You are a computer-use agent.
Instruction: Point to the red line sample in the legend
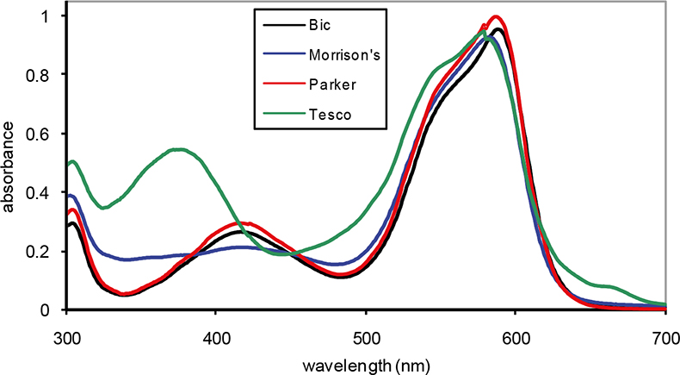[277, 85]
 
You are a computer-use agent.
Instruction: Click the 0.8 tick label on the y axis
[44, 74]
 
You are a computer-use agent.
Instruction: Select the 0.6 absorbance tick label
[44, 134]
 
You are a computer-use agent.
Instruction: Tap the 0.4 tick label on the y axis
[44, 192]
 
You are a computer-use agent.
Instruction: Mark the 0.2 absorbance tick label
[44, 251]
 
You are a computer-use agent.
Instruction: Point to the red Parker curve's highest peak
[496, 16]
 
